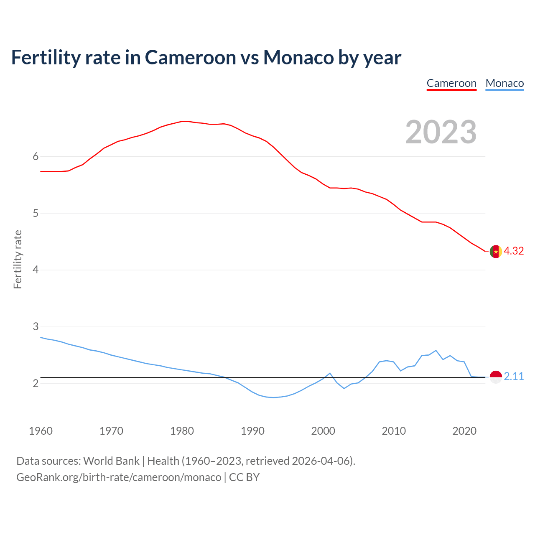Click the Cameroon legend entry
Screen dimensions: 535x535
tap(451, 83)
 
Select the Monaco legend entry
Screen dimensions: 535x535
tap(504, 83)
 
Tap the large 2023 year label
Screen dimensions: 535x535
tap(441, 132)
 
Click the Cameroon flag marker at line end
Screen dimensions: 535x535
tap(496, 252)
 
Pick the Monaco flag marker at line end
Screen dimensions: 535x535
tap(496, 377)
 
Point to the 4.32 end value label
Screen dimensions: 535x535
tap(514, 251)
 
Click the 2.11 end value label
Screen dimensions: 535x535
tap(514, 376)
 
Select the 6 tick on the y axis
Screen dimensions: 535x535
tap(36, 156)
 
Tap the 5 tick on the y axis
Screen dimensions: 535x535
tap(36, 213)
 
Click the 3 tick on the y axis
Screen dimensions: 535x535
tap(36, 326)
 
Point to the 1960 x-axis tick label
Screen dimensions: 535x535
tap(41, 431)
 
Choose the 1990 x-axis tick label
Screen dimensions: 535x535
tap(252, 431)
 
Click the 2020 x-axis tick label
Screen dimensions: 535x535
tap(464, 431)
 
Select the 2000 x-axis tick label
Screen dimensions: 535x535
tap(323, 431)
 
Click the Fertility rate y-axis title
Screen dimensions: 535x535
tap(18, 259)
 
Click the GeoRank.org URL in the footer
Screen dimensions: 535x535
tap(119, 477)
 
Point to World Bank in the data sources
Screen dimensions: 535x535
tap(111, 461)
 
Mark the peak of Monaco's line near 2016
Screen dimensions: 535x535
tap(436, 350)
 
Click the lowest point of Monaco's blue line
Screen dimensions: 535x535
tap(273, 397)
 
